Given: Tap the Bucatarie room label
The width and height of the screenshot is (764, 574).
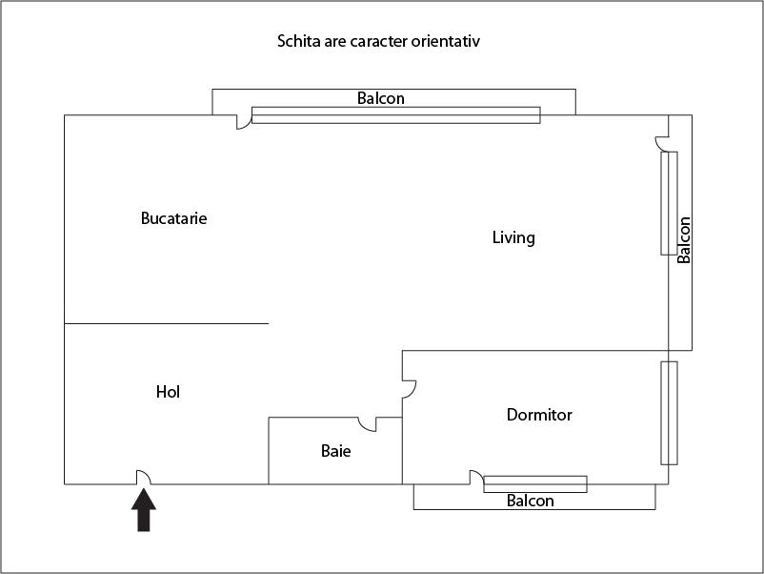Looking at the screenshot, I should [x=173, y=218].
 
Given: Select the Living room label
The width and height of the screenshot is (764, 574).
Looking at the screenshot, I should [x=513, y=237].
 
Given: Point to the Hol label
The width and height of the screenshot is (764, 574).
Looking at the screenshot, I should [x=168, y=392].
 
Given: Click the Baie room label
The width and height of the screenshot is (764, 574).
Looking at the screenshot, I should [x=335, y=451].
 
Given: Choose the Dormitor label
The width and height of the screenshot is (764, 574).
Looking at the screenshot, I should [x=539, y=415].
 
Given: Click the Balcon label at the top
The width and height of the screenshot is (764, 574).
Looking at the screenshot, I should [x=381, y=98].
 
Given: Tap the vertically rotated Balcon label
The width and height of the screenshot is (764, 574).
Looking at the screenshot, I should [x=684, y=239].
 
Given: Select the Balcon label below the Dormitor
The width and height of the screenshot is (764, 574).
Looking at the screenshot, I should [x=530, y=501].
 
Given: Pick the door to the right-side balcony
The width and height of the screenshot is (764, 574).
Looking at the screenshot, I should [x=661, y=143].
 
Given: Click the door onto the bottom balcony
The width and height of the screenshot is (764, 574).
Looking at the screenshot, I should [x=475, y=478].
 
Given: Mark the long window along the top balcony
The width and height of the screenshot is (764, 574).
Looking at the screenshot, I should [x=395, y=115].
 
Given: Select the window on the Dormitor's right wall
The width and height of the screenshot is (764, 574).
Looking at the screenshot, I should [x=669, y=413].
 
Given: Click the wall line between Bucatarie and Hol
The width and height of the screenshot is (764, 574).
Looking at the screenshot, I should [x=167, y=323].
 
